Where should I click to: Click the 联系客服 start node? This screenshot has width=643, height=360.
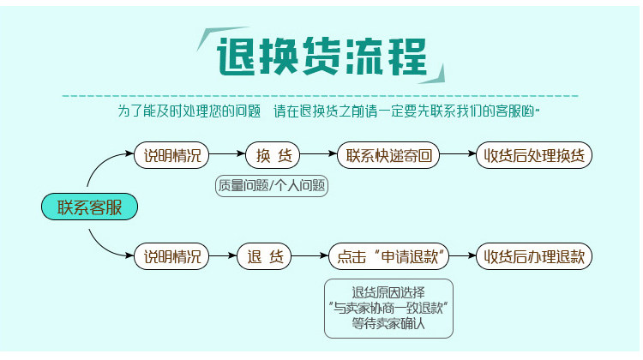click(x=89, y=207)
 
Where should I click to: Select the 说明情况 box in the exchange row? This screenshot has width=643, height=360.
click(x=171, y=156)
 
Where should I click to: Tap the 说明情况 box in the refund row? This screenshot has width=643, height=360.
click(x=171, y=256)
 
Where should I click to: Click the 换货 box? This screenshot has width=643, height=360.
click(x=273, y=156)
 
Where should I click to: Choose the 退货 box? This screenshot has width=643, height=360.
click(x=265, y=256)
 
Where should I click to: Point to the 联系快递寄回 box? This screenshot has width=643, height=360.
click(x=388, y=156)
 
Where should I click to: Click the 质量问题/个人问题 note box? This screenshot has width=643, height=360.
click(x=272, y=185)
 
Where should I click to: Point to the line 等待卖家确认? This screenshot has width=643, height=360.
click(x=388, y=324)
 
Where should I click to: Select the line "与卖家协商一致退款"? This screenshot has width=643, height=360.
click(x=388, y=307)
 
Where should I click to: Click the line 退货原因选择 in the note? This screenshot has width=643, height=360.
click(x=388, y=290)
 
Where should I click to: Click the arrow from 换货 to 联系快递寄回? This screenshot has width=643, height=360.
click(x=318, y=156)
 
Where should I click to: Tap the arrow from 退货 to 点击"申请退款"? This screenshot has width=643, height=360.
click(x=309, y=256)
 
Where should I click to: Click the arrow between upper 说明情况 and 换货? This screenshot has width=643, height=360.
click(x=227, y=156)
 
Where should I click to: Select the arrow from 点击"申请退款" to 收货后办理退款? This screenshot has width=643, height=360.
click(x=464, y=256)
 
